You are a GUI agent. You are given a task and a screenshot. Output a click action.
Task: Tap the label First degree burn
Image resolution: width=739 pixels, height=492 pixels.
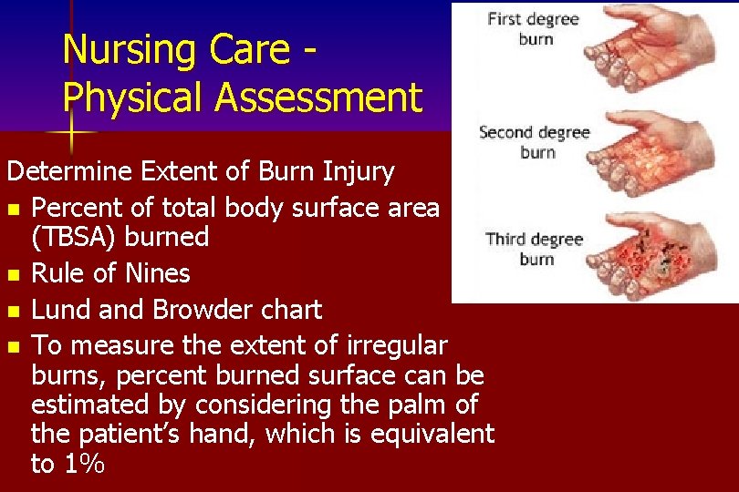tap(533, 27)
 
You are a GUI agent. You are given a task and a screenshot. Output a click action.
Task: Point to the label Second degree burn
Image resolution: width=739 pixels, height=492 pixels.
tap(535, 142)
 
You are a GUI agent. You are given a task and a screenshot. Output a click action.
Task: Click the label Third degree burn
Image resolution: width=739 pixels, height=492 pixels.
tap(535, 249)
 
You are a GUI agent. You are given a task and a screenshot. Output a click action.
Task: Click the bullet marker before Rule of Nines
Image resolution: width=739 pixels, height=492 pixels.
tap(13, 274)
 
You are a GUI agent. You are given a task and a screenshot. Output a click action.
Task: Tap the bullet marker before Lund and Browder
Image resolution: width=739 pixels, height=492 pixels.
tap(13, 311)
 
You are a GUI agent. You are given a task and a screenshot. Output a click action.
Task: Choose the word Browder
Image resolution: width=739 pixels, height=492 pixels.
tap(200, 310)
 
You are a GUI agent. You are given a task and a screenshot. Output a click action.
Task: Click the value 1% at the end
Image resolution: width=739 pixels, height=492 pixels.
tap(81, 464)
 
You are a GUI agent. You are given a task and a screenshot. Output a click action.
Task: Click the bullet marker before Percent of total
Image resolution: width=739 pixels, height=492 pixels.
tap(13, 209)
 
